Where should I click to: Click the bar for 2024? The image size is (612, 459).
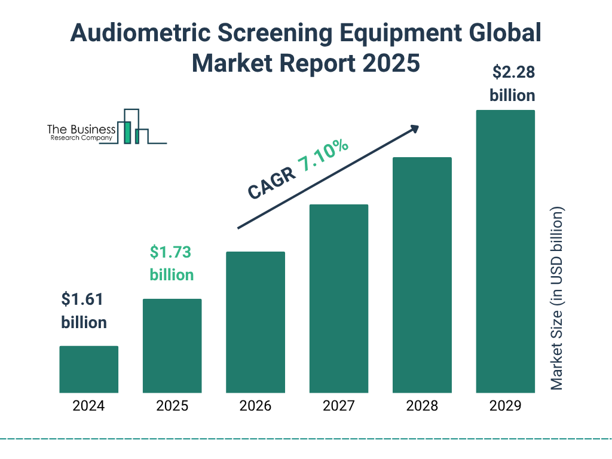click(x=88, y=369)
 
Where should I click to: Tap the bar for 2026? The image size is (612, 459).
click(x=255, y=322)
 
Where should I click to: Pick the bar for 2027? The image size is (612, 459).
click(x=338, y=299)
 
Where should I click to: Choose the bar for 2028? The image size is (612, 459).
click(x=421, y=275)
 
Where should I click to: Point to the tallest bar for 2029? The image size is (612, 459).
click(x=505, y=251)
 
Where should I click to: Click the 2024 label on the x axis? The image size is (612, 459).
click(x=88, y=406)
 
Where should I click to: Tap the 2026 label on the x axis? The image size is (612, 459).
click(x=255, y=406)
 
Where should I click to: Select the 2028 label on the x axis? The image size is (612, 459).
click(x=421, y=406)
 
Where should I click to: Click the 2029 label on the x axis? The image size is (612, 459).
click(x=505, y=406)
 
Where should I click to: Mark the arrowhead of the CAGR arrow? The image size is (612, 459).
click(x=414, y=128)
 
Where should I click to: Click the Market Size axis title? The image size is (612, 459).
click(x=557, y=299)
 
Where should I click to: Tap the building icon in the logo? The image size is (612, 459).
click(x=133, y=127)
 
